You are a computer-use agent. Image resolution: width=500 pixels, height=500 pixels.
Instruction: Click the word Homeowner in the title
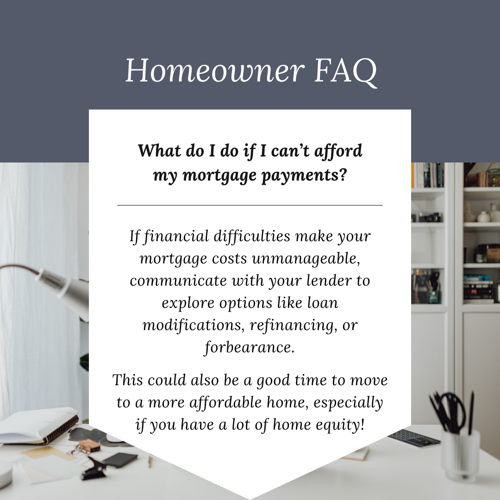[215, 70]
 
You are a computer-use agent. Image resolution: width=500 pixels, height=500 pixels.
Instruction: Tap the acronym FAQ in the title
[346, 71]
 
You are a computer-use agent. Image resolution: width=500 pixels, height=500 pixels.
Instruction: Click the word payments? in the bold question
[304, 176]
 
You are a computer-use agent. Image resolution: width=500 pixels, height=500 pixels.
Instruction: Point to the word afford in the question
[338, 151]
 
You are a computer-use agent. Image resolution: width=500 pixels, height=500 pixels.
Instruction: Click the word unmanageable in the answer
[306, 259]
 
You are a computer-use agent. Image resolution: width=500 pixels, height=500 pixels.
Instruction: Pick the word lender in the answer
[329, 280]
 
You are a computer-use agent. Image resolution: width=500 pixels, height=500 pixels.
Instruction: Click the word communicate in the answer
[178, 281]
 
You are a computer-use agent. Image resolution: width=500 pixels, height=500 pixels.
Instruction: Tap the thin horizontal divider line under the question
[250, 206]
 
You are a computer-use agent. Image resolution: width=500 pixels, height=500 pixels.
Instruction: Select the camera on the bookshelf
[430, 217]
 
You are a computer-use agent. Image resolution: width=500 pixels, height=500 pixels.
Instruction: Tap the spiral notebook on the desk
[38, 426]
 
